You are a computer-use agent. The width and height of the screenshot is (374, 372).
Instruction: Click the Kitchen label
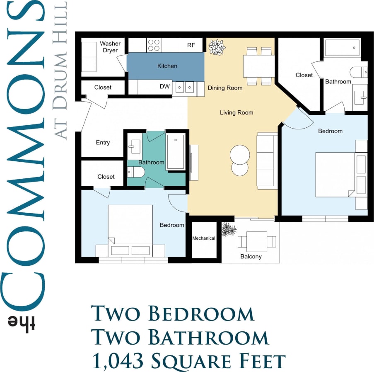point(167,66)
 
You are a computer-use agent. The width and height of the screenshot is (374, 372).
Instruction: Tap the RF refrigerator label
point(191,45)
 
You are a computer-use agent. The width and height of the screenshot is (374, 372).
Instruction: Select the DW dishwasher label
point(164,87)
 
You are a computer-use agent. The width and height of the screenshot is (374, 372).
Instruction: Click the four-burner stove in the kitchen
point(154,45)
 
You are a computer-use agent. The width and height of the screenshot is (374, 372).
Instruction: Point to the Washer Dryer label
point(110,47)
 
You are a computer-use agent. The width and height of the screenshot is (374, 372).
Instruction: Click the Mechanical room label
point(204,238)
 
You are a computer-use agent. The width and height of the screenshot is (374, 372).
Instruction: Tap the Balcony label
point(251,256)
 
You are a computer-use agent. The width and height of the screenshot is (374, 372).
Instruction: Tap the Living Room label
point(236,112)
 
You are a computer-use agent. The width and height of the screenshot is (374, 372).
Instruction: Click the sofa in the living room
point(266,160)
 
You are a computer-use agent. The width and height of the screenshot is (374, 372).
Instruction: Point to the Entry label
point(103,142)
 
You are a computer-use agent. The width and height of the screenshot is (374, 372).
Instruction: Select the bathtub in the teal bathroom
point(175,152)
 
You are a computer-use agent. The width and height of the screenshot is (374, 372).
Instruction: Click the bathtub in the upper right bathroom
point(343,48)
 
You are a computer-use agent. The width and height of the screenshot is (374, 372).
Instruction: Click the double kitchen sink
point(184,87)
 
